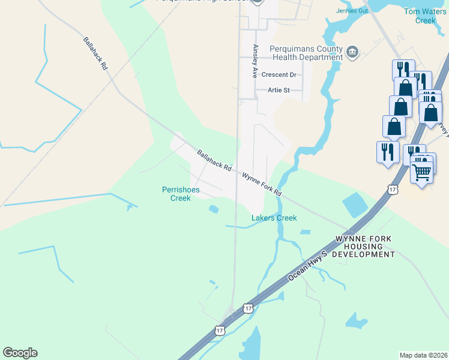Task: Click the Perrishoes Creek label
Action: [x=176, y=194]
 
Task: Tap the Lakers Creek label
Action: [x=274, y=218]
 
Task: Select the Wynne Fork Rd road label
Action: [x=262, y=185]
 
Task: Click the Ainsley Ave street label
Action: [x=255, y=61]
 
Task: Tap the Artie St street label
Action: [x=278, y=91]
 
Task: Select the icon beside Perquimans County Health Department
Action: [x=352, y=53]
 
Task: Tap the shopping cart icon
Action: [x=422, y=172]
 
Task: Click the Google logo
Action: [x=20, y=353]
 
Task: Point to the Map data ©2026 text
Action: [x=423, y=355]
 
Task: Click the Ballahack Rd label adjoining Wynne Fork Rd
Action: [x=214, y=161]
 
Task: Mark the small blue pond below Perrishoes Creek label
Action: [x=214, y=209]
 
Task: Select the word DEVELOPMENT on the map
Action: [x=364, y=254]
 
